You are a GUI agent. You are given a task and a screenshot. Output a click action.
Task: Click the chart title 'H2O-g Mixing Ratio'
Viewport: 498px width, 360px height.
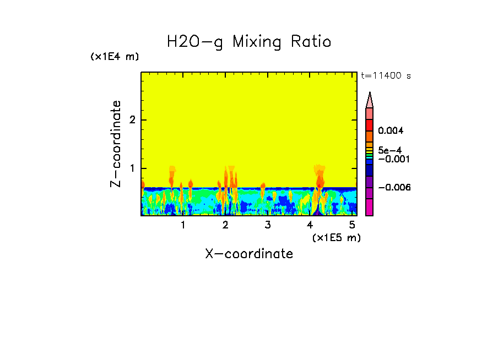[249, 42]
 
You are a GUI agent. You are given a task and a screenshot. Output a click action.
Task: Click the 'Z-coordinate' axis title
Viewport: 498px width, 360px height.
[116, 144]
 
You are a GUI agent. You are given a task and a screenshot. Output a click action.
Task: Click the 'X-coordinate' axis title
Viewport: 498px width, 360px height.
[249, 254]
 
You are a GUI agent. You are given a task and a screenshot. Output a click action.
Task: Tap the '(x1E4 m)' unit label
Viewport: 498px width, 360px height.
[115, 57]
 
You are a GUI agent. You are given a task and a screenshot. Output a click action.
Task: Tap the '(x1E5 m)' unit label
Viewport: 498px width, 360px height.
[336, 237]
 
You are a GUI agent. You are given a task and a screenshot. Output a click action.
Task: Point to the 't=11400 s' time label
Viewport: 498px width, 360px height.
[385, 76]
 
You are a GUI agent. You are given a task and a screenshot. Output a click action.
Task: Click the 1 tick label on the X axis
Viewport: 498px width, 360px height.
[183, 225]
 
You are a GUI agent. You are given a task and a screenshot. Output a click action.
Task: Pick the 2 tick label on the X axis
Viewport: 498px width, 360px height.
[225, 225]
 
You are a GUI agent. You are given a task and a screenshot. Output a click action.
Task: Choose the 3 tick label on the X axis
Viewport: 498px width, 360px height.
[268, 225]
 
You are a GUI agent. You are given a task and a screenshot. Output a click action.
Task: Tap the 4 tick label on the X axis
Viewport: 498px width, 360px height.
[310, 225]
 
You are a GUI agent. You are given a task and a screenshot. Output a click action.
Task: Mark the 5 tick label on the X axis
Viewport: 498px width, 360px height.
[352, 225]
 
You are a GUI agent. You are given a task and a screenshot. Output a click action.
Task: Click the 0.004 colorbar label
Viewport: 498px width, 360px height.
[391, 131]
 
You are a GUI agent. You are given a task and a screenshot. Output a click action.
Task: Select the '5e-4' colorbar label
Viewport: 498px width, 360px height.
[389, 150]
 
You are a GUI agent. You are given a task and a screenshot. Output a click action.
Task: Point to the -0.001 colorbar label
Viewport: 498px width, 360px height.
[391, 159]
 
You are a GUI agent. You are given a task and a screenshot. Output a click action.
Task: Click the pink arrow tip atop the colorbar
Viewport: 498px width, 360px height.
[370, 100]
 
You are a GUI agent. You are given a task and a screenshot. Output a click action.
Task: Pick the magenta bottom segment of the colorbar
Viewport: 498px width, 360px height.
[370, 208]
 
